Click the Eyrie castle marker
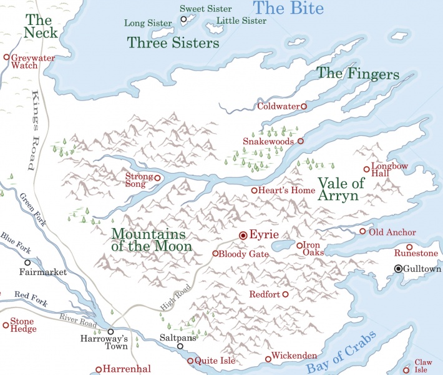pos(243,236)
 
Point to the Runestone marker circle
pos(409,247)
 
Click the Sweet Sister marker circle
pos(183,19)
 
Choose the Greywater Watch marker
pos(7,57)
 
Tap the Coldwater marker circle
pos(304,106)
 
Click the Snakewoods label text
pos(268,142)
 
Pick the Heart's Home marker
pos(254,190)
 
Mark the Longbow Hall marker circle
pos(367,169)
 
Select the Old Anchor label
pos(392,232)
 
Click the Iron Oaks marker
pos(299,245)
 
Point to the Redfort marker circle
pos(285,294)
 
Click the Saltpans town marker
pos(180,346)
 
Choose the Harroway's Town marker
pos(110,332)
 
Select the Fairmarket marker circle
pos(27,262)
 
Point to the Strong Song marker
pos(157,178)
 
